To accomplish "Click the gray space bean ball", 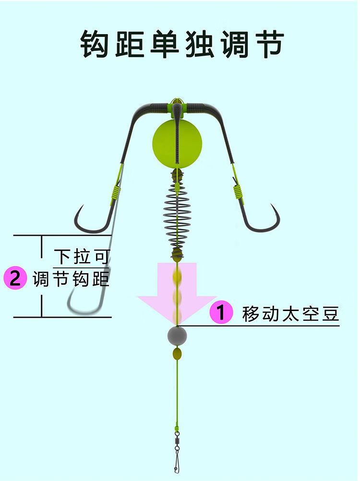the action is point(177,337).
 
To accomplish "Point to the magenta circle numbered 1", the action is point(221,313).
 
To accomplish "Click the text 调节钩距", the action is point(71,279).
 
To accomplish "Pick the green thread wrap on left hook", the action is point(116,192).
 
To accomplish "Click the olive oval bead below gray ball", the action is point(177,354).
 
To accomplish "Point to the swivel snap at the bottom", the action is point(177,449).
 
